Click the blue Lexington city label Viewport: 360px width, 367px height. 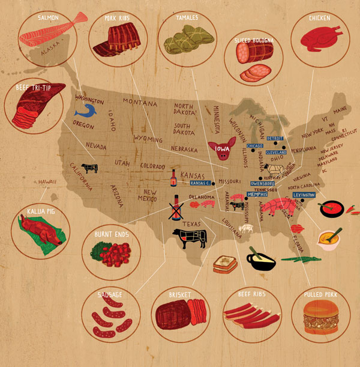[304, 195]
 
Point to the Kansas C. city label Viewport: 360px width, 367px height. [199, 182]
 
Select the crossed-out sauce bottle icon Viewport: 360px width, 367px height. [177, 208]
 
